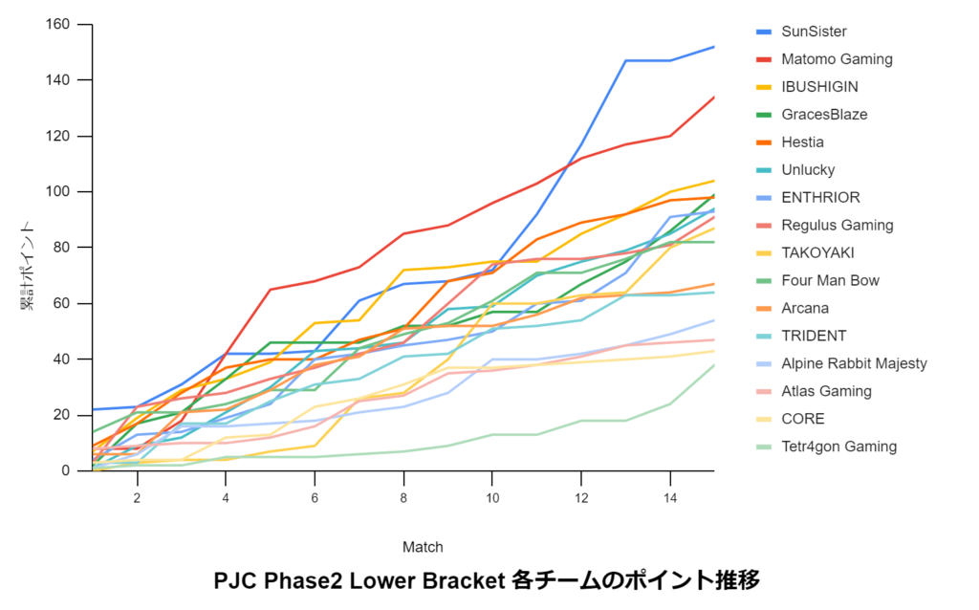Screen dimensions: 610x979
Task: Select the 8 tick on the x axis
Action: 403,498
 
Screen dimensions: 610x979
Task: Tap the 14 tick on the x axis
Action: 670,498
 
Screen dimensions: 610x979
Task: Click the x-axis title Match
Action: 423,547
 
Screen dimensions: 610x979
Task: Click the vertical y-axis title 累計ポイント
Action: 30,267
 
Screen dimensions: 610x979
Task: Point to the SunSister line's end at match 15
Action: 713,47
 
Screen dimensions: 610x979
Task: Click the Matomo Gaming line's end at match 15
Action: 713,97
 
